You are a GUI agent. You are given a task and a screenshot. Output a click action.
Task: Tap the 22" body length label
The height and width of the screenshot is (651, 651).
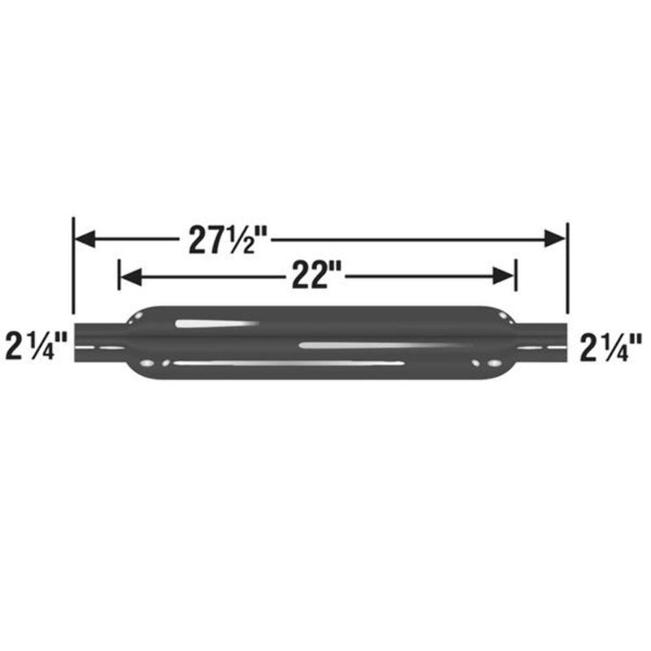pos(316,277)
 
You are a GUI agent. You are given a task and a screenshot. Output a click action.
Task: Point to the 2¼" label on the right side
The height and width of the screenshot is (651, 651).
pos(611,347)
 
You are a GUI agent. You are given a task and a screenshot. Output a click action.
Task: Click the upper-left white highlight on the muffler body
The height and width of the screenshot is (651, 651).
pos(216,324)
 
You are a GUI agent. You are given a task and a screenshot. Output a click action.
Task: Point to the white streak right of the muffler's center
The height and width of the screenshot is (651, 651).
pos(366,346)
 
